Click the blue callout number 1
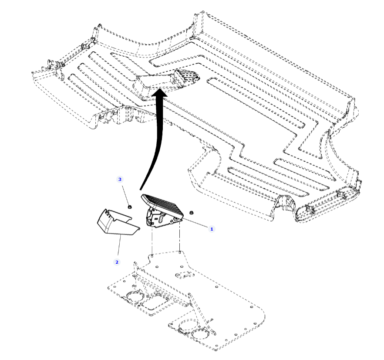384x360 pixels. (x=212, y=229)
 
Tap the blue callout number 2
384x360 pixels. (x=117, y=262)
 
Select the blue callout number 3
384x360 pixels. (x=120, y=179)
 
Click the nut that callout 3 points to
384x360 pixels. (x=130, y=207)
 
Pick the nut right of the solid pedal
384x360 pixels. (x=192, y=212)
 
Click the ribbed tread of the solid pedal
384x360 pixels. (x=163, y=205)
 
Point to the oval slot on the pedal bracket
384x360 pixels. (x=162, y=218)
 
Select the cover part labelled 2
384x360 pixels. (x=118, y=222)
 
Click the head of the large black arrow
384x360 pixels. (x=160, y=93)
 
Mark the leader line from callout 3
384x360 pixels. (x=125, y=194)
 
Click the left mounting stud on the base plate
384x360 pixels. (x=152, y=255)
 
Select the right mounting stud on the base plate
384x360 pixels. (x=180, y=252)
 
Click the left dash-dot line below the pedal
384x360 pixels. (x=152, y=240)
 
